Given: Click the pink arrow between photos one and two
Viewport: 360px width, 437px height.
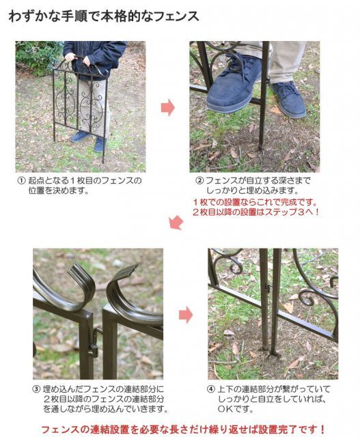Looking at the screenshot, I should tap(167, 108).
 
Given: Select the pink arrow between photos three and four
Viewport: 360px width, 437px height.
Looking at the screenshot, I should tap(185, 315).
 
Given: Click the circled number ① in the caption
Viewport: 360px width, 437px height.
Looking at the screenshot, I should tap(22, 181).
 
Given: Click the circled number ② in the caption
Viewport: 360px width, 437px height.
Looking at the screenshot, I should tap(199, 181).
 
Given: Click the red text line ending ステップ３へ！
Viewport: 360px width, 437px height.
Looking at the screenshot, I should tap(256, 212).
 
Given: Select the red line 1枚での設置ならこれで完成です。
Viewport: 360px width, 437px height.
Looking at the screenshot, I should tap(256, 202).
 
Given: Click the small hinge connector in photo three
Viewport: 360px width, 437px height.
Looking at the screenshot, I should tap(94, 350).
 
